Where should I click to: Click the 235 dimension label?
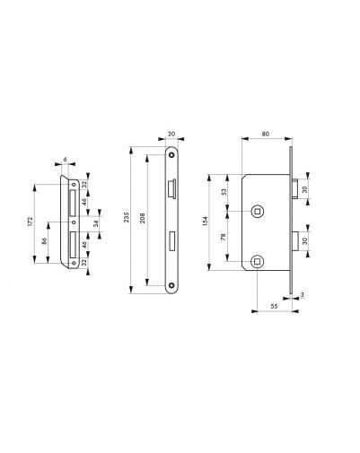coord(127,217)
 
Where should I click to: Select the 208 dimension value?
coord(143,218)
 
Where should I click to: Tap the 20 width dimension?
coord(171,134)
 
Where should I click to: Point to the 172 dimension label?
coord(30,222)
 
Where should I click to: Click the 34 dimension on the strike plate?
coord(96,223)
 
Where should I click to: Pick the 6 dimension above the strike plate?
coord(66,160)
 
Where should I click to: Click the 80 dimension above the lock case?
coord(265,134)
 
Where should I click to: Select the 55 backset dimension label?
coord(274,306)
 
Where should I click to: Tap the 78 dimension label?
coord(223,238)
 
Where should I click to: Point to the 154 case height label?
coord(205,222)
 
